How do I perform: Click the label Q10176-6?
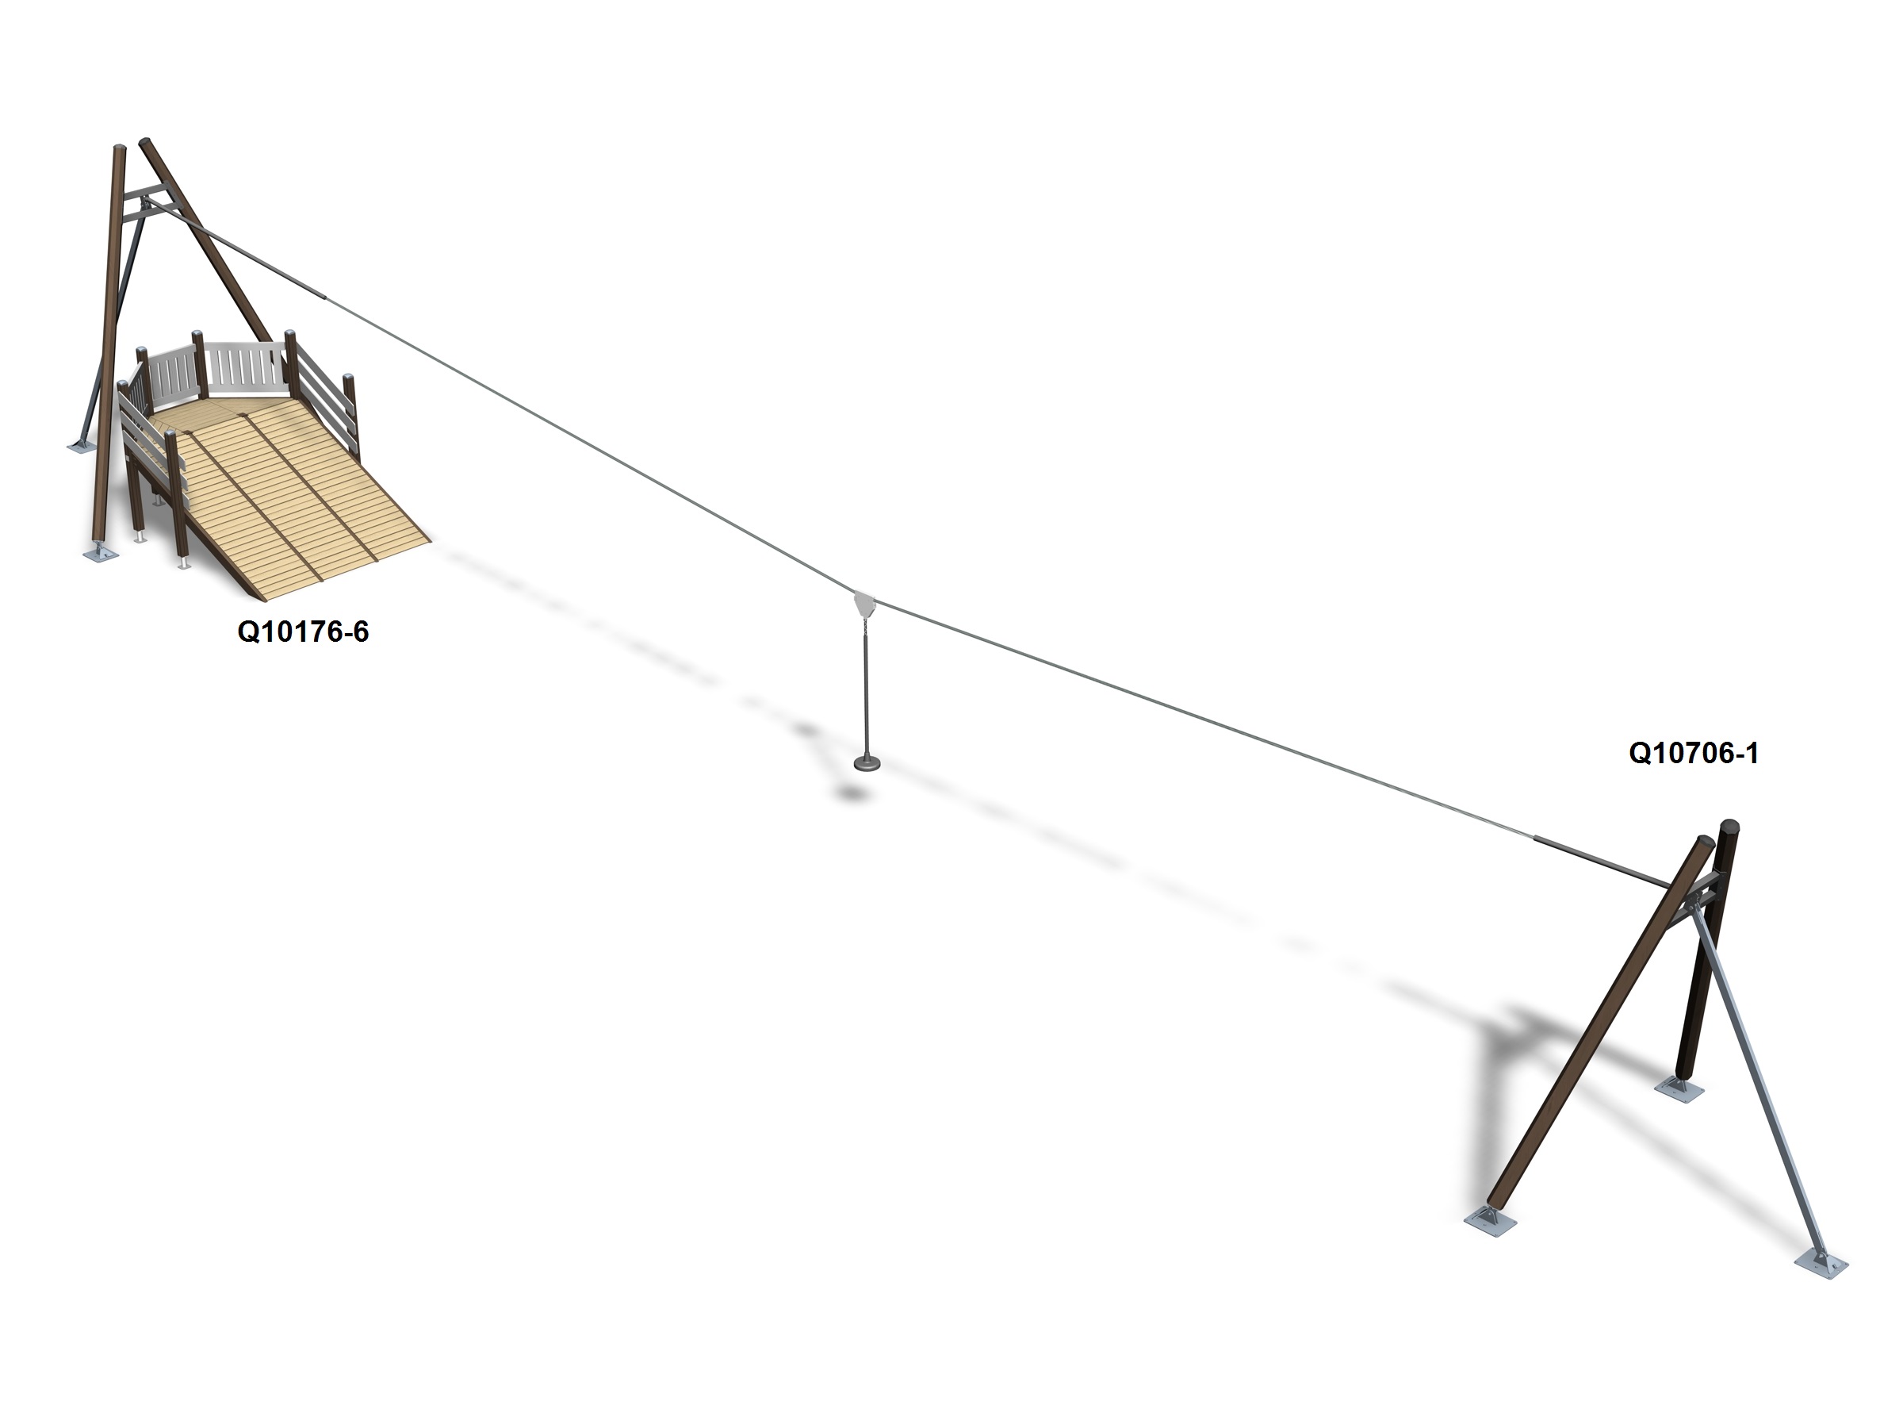[303, 631]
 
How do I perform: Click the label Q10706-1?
[1693, 753]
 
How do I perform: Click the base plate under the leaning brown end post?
[1489, 1221]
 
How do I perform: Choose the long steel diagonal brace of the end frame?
[1755, 1084]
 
